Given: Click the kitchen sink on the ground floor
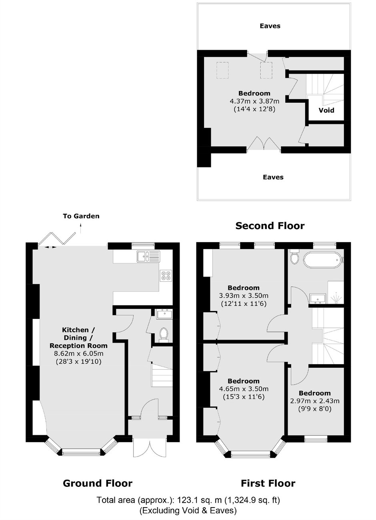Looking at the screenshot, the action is [148, 256].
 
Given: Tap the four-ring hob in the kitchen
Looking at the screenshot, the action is [166, 276].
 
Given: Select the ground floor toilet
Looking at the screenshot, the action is [164, 335].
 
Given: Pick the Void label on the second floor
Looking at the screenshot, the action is [326, 110].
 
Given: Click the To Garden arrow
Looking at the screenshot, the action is [81, 228].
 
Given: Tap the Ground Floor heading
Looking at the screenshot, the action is [98, 483].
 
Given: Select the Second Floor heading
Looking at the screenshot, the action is [270, 226].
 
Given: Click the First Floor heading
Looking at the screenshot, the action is [268, 483].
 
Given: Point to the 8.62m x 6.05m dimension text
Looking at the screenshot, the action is [79, 354].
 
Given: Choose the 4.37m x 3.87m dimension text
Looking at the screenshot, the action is [254, 101].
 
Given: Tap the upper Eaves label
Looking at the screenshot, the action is [270, 26].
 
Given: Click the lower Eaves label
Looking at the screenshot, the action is [273, 177].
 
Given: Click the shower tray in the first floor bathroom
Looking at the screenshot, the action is [336, 292].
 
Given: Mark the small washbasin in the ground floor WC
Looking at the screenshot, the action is [165, 314].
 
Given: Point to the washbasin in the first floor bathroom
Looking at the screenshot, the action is [318, 298].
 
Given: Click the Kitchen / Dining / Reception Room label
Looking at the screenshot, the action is [78, 338].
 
